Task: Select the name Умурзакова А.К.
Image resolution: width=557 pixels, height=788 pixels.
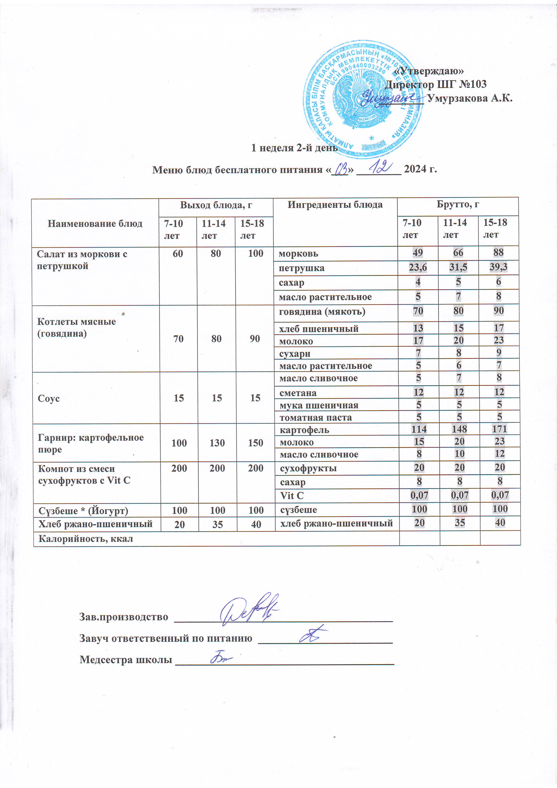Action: pos(470,98)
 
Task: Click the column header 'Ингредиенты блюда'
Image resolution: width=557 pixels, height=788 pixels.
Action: pos(335,205)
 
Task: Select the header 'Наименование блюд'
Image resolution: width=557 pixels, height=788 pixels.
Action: pos(95,224)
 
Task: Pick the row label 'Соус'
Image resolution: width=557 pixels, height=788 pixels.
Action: pos(49,398)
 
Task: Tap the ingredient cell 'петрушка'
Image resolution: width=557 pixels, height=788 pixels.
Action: pos(301,268)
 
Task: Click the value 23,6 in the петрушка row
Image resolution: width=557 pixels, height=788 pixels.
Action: pos(418,267)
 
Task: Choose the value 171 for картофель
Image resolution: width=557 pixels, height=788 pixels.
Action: pos(499,429)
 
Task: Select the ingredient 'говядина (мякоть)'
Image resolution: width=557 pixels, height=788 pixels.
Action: pos(322,312)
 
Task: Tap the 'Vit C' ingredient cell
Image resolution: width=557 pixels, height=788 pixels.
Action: pos(292,496)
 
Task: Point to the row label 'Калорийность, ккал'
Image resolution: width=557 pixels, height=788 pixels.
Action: pos(85,538)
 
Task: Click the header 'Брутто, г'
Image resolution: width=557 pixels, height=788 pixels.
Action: pos(458,204)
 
